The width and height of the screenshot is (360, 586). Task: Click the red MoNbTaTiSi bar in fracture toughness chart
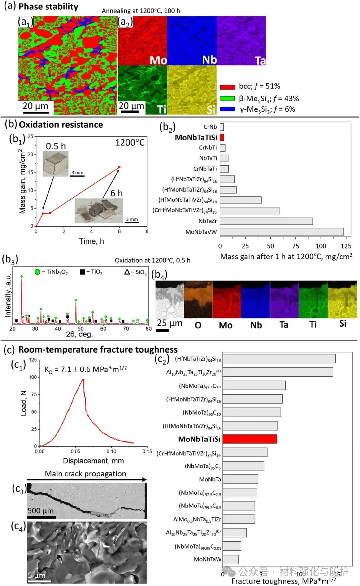click(x=250, y=439)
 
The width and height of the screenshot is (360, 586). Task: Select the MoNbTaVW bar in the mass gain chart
click(x=282, y=232)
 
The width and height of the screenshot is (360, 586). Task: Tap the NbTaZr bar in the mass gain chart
click(x=266, y=221)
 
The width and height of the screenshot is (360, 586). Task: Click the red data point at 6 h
click(x=119, y=167)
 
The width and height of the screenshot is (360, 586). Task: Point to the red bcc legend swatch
click(x=227, y=87)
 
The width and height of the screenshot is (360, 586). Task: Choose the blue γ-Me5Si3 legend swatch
click(x=227, y=109)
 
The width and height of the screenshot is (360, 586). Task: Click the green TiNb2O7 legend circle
click(x=37, y=272)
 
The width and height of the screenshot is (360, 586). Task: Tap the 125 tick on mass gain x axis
click(x=346, y=246)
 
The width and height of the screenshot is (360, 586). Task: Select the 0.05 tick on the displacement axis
click(x=75, y=451)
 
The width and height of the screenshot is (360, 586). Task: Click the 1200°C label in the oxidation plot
click(x=130, y=143)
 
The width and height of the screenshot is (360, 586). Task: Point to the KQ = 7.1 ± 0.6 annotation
click(x=86, y=369)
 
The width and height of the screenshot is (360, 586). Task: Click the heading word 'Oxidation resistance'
click(x=61, y=125)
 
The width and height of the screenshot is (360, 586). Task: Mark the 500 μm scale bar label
click(x=40, y=511)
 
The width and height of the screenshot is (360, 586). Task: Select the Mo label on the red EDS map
click(x=158, y=60)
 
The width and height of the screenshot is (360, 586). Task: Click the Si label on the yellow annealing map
click(x=211, y=109)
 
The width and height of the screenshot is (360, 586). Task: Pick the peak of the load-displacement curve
click(x=83, y=379)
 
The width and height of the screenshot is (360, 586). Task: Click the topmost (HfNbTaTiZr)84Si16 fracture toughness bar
click(x=279, y=359)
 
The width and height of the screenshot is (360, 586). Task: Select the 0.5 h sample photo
click(x=56, y=164)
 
